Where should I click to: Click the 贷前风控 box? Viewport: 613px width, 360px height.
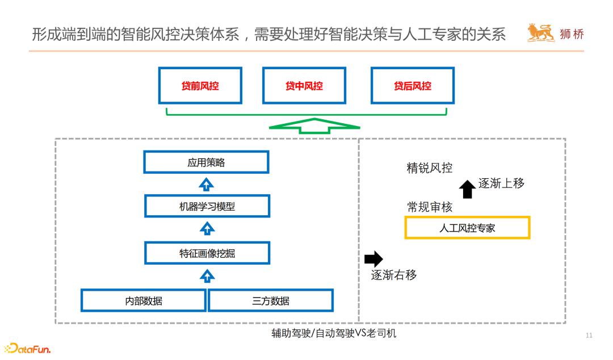click(200, 86)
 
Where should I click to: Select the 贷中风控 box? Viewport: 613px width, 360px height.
click(304, 86)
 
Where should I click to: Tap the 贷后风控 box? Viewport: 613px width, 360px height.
click(413, 86)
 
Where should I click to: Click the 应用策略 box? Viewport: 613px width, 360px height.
click(206, 162)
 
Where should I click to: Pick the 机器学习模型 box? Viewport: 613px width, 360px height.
click(206, 206)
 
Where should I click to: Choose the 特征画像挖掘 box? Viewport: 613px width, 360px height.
click(206, 253)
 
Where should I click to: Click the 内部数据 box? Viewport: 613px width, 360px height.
click(143, 300)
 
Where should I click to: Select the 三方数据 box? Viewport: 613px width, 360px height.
click(271, 300)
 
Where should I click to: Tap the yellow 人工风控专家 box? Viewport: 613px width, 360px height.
click(467, 228)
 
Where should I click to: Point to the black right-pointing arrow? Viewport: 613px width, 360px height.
click(373, 259)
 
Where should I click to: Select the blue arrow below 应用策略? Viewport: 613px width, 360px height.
click(207, 184)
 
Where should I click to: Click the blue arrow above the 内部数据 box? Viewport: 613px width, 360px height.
click(208, 277)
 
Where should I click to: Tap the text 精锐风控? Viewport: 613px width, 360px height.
click(430, 168)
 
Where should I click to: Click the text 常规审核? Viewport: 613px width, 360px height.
click(430, 207)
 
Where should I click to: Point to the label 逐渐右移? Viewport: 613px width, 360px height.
click(394, 275)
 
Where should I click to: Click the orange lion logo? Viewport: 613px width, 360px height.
click(540, 34)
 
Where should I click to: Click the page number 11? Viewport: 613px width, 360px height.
click(589, 336)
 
